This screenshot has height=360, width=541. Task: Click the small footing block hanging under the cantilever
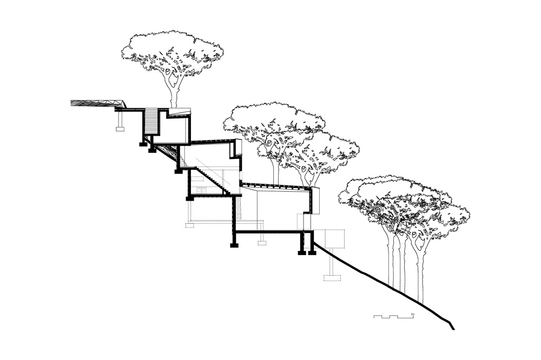pyautogui.click(x=120, y=128)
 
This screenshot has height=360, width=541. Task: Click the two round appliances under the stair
pyautogui.click(x=201, y=190)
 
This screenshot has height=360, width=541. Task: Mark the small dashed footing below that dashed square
pyautogui.click(x=332, y=278)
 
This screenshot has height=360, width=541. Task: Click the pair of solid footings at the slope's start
pyautogui.click(x=306, y=251)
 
